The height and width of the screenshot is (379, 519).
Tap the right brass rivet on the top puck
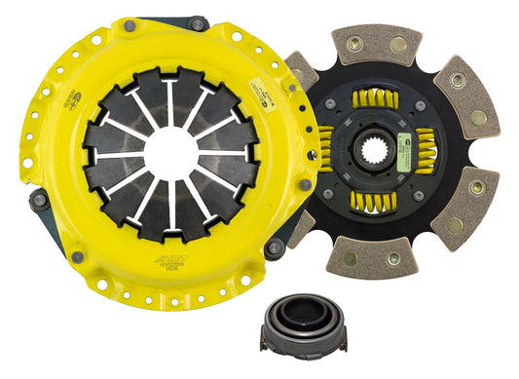(x=399, y=45)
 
